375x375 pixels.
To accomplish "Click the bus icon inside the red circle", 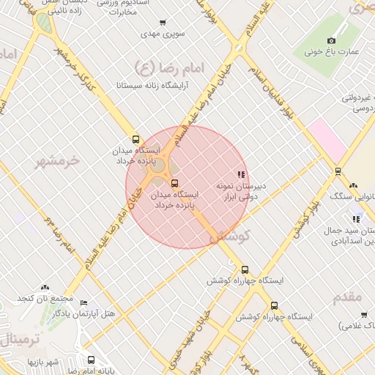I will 174,183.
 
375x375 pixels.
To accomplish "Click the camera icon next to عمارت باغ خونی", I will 331,41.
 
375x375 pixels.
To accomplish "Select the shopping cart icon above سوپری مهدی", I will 162,23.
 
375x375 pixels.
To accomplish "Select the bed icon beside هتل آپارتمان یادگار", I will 83,303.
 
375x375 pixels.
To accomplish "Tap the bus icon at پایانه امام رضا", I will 91,360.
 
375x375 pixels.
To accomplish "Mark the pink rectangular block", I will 327,139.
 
